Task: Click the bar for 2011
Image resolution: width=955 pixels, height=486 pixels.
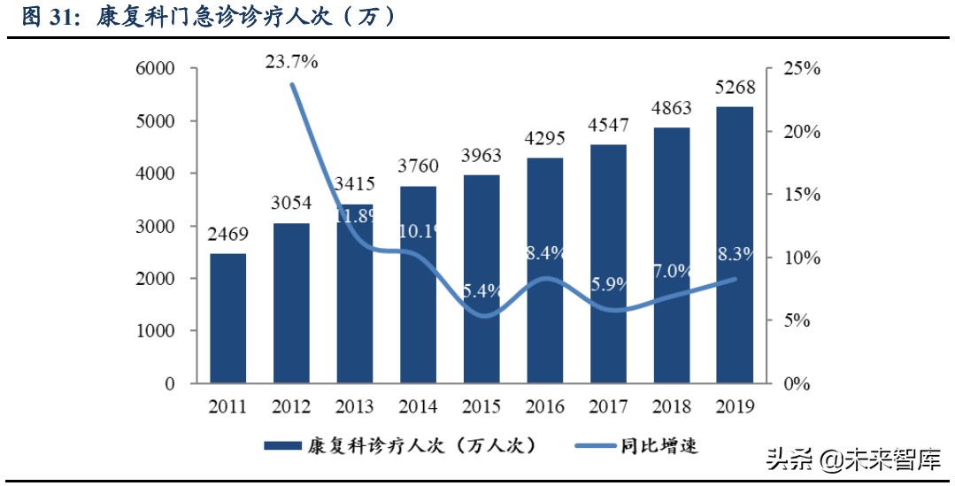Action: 227,319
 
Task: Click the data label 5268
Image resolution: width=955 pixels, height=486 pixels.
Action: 735,88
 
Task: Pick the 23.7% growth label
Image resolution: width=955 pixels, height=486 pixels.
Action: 291,62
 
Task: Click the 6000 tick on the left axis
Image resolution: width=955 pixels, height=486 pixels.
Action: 155,69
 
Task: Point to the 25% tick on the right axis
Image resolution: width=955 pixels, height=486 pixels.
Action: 803,69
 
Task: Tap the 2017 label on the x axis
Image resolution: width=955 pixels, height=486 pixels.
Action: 608,407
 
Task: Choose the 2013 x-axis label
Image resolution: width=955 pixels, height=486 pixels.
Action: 355,407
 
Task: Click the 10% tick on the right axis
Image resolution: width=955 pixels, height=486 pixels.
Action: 803,258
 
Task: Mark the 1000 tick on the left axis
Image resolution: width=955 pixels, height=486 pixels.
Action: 155,331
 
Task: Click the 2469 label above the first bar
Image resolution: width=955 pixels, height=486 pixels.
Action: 228,235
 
